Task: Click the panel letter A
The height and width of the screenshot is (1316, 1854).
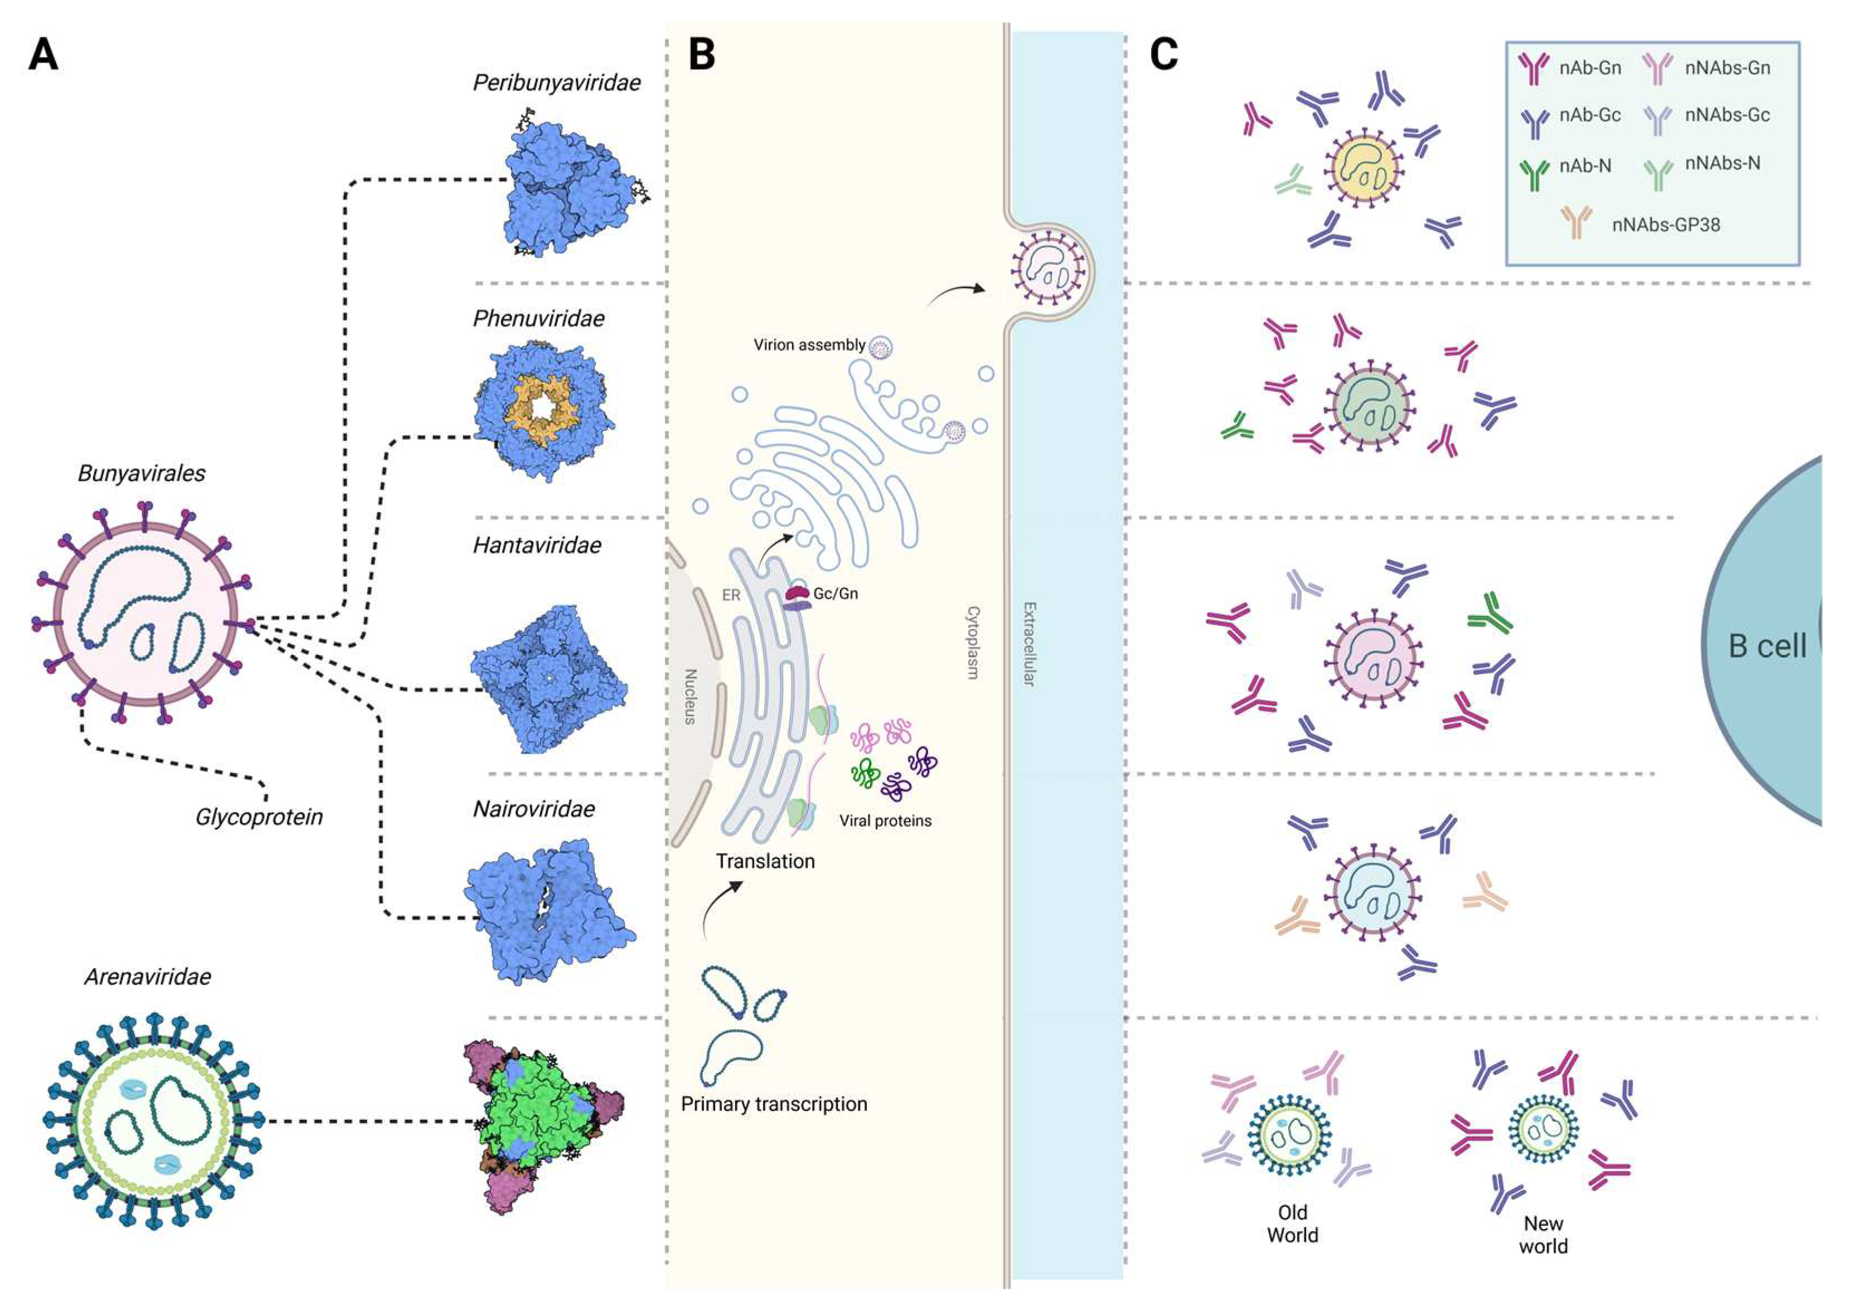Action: [x=43, y=55]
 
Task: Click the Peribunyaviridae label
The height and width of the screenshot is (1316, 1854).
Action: [x=557, y=82]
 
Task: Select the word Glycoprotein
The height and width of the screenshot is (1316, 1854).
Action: [x=259, y=817]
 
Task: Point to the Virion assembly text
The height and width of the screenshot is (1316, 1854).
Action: [x=809, y=345]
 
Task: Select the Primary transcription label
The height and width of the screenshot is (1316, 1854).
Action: [x=774, y=1104]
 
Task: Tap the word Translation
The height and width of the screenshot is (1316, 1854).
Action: [x=765, y=861]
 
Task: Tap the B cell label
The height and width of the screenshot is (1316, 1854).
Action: [x=1766, y=646]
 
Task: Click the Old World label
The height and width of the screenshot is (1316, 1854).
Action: [x=1293, y=1223]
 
